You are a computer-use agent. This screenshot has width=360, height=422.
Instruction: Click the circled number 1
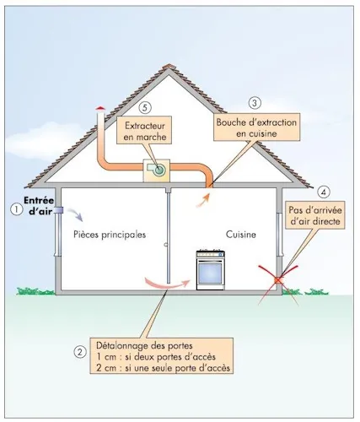(x=14, y=208)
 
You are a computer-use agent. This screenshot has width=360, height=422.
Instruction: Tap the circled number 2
(x=79, y=352)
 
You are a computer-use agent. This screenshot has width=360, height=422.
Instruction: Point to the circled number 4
(x=326, y=191)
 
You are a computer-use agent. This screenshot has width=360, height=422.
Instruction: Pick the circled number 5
(x=145, y=108)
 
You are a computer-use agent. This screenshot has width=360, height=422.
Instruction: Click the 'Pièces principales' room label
(x=109, y=234)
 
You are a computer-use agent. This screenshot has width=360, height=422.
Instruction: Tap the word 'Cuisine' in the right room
(x=240, y=234)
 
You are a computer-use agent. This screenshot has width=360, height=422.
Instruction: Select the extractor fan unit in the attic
(x=158, y=169)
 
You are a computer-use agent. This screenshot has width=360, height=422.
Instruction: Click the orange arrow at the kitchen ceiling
(x=203, y=197)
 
